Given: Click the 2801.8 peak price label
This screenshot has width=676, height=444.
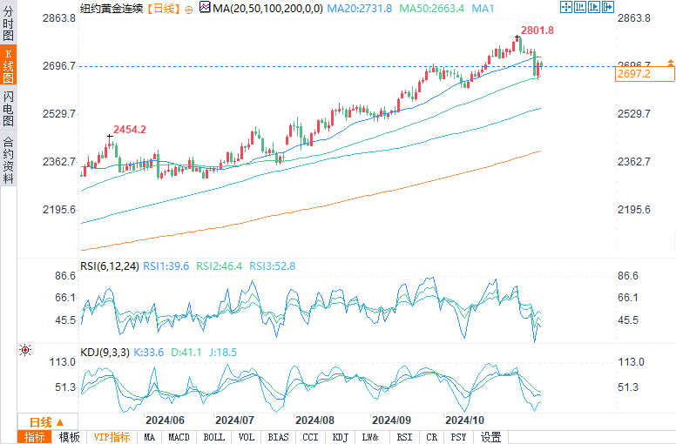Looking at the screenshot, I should coord(537,30).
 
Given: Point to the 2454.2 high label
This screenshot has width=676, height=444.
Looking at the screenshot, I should coord(130,129).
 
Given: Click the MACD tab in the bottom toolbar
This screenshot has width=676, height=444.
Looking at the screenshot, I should coord(179,437).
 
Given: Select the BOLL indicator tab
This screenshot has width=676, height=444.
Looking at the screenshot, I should coord(213,437).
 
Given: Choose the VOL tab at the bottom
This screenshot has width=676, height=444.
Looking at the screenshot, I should coord(247,437).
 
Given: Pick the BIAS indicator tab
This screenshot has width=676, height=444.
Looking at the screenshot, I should coord(279,437).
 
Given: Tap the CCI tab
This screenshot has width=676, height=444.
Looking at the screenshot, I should coord(309,437).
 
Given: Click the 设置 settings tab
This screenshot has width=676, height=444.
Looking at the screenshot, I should coord(491,437).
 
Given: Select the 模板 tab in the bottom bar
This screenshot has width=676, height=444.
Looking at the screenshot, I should coord(69,437).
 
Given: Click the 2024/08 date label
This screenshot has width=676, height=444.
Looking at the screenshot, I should coord(314,420).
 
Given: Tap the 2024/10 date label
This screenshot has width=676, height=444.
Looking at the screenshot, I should coord(465,420).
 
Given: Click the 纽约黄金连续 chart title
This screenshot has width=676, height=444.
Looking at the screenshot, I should coord(111,8).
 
